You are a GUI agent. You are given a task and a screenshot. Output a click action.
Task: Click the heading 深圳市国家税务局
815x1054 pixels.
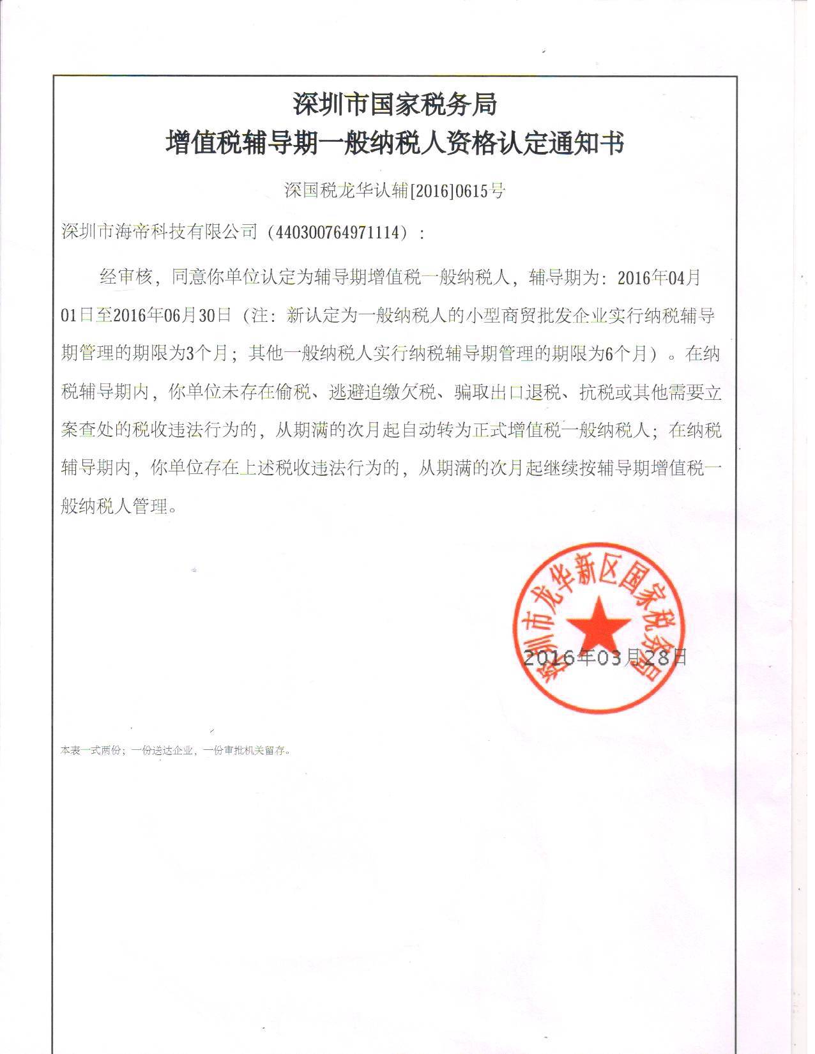tap(395, 104)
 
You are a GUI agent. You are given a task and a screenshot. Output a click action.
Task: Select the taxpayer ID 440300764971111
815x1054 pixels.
tap(340, 232)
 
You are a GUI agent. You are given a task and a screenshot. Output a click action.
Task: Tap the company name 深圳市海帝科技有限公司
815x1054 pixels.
tap(159, 232)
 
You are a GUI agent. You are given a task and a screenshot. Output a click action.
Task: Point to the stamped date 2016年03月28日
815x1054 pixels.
tap(604, 657)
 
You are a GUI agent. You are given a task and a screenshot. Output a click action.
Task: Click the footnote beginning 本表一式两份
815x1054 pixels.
tap(176, 751)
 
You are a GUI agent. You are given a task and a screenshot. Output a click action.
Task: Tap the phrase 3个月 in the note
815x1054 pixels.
tap(204, 354)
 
